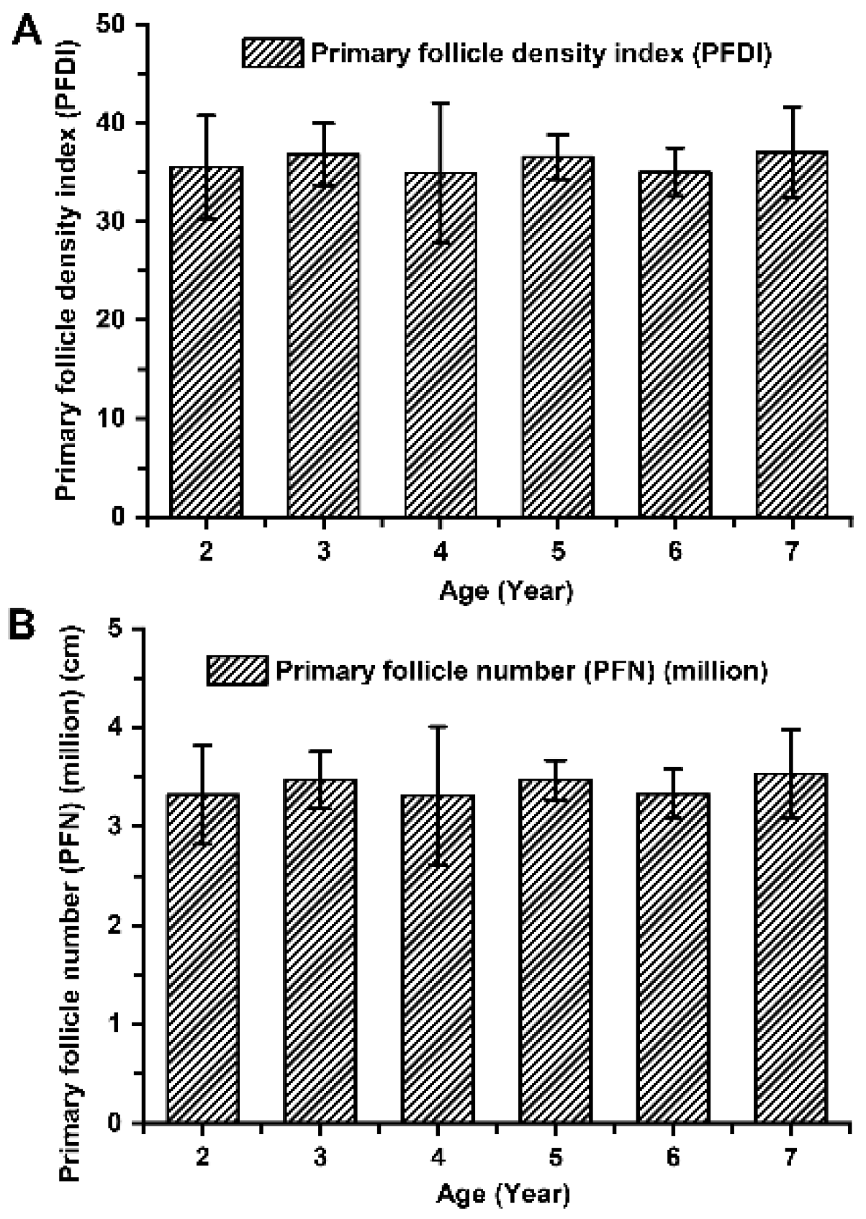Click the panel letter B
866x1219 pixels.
(22, 625)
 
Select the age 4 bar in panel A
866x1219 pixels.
(441, 345)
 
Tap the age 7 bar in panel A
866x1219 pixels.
(792, 335)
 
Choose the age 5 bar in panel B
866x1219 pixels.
(555, 950)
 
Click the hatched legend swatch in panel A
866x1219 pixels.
(274, 53)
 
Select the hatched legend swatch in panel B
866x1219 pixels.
(238, 671)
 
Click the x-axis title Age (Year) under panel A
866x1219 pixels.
(506, 592)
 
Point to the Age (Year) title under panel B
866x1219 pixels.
(503, 1195)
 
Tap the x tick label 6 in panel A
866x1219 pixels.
(675, 553)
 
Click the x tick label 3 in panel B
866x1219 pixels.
(320, 1157)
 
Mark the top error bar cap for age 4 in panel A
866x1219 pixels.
(441, 103)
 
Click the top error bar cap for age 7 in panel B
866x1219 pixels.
(792, 730)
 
